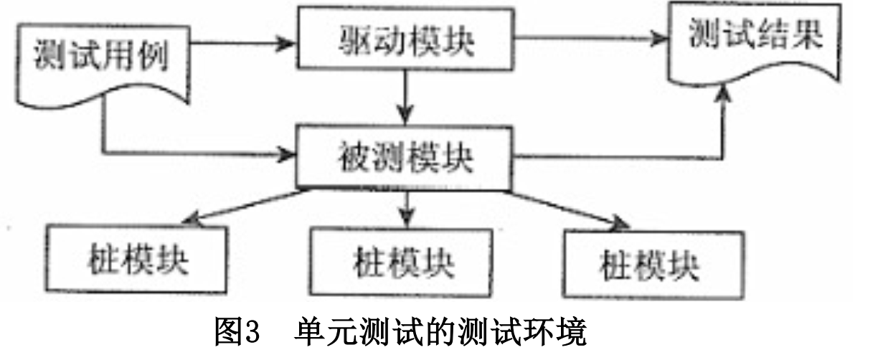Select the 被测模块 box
click(405, 158)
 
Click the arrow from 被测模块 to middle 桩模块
click(406, 208)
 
